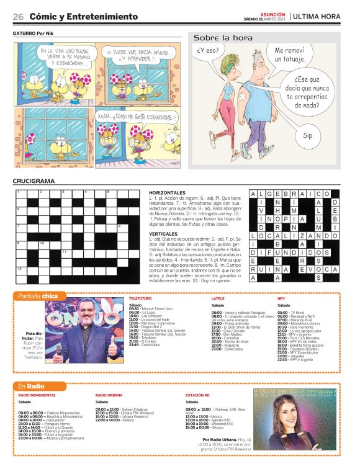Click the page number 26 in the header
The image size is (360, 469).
(x=18, y=16)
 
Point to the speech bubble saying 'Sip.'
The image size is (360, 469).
(x=308, y=135)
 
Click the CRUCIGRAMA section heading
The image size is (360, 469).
(x=34, y=181)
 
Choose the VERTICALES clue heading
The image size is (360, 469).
(x=163, y=233)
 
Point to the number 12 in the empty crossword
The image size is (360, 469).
(x=20, y=267)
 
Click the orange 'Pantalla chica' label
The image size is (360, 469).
(x=38, y=296)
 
